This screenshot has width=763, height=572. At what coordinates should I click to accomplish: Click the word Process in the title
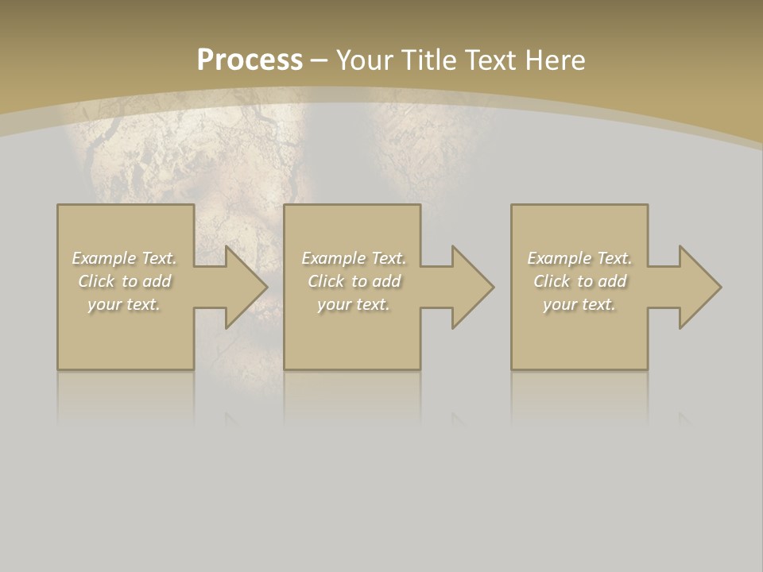tap(250, 60)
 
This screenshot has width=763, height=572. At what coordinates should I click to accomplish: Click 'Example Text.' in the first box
tap(125, 258)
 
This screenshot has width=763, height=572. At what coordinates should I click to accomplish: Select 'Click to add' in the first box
tap(125, 281)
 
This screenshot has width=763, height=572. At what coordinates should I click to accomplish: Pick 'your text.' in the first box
tap(125, 304)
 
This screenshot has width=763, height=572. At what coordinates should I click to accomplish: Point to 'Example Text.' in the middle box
tap(354, 258)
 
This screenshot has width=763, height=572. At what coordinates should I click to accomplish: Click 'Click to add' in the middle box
tap(354, 281)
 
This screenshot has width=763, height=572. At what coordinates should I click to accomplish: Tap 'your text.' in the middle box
tap(354, 304)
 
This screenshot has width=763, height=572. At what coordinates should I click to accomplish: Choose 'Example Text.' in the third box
tap(579, 258)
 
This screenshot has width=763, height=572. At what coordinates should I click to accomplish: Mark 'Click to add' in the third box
tap(579, 281)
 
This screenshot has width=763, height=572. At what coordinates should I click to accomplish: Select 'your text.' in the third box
tap(579, 304)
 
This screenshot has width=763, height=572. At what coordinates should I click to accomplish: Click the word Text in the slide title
tap(490, 60)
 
